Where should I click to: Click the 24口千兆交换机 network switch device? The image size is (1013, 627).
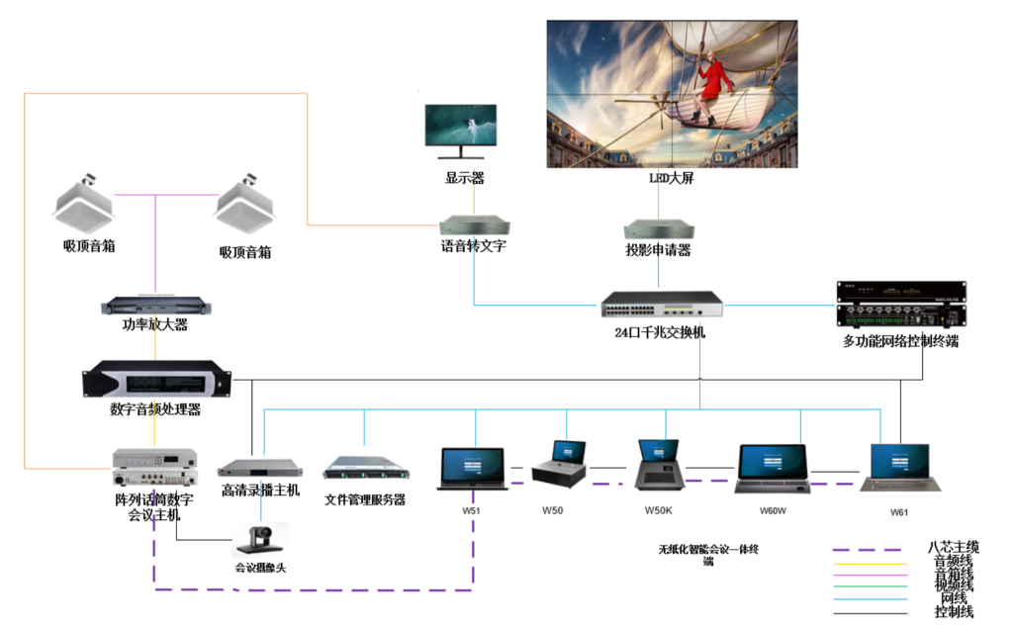(x=662, y=305)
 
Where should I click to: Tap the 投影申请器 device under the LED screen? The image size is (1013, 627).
(x=657, y=228)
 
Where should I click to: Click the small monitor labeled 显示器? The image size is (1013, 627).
(x=460, y=133)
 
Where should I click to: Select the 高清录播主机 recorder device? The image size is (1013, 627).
(x=260, y=468)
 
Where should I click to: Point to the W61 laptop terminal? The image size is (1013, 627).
(x=899, y=468)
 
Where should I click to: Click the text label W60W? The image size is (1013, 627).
(x=773, y=510)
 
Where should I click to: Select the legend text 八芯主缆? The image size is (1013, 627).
(x=953, y=547)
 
